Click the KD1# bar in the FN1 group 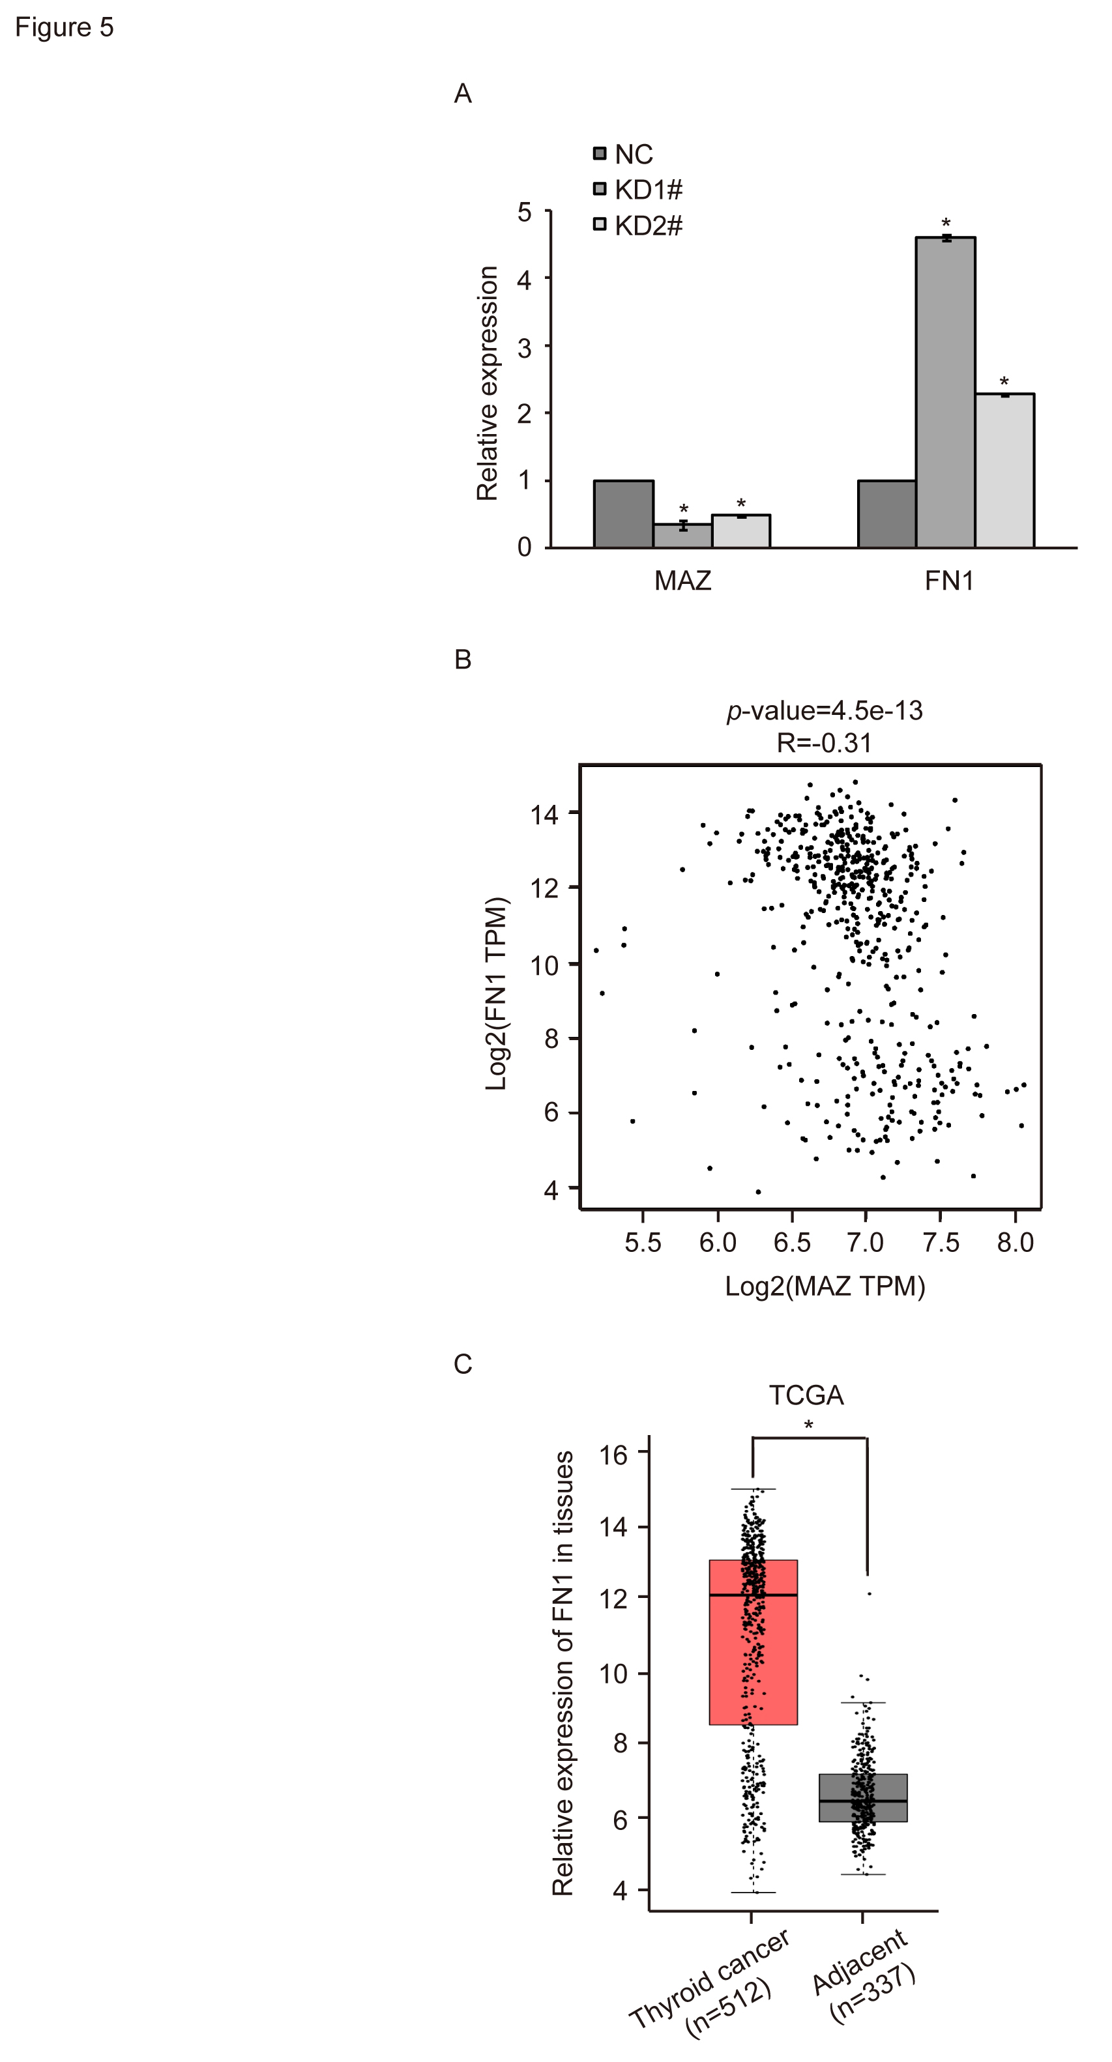[x=946, y=392]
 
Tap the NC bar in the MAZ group [x=624, y=514]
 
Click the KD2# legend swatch [x=600, y=225]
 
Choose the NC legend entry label [x=634, y=154]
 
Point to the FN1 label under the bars [x=948, y=580]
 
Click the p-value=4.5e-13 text [x=825, y=710]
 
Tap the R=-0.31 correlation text [x=824, y=743]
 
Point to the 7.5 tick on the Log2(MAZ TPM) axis [x=940, y=1243]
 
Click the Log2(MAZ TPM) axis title [x=825, y=1286]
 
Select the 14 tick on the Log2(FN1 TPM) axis [x=544, y=815]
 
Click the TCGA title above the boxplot [x=806, y=1395]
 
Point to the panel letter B [x=463, y=660]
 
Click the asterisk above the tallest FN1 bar [x=946, y=224]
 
